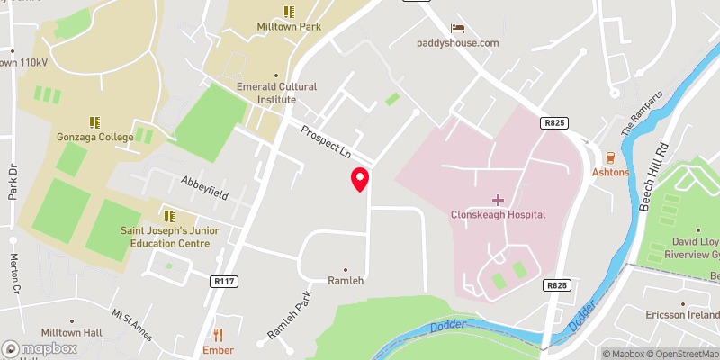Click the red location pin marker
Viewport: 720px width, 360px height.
(360, 179)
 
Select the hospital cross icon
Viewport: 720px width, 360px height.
(497, 198)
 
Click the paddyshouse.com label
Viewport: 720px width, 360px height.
(457, 43)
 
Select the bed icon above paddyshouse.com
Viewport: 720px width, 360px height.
(457, 28)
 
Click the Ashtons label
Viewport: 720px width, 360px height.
(609, 171)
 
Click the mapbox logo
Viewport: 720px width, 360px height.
(40, 348)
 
